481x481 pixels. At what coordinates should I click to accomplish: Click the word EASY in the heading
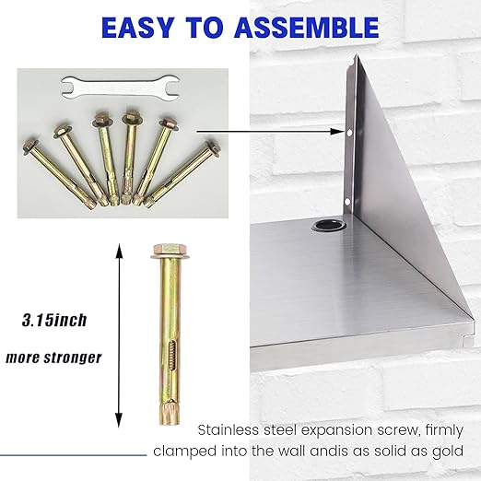click(x=142, y=27)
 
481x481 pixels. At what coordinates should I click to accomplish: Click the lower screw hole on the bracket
click(x=346, y=199)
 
